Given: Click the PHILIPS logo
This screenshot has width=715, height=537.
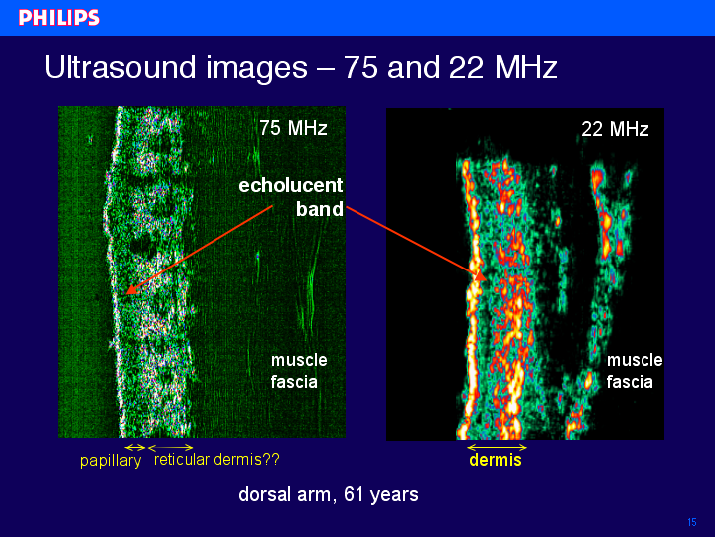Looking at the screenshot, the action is (x=60, y=18).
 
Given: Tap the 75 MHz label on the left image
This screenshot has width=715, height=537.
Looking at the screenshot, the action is (x=293, y=128).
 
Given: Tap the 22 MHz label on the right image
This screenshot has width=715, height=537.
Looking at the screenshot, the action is (x=615, y=129).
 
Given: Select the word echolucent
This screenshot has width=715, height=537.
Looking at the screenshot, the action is (x=290, y=185).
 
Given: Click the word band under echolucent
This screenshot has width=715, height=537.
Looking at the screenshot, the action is (x=319, y=209).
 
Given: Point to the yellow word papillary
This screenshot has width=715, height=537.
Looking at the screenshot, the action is (x=111, y=461).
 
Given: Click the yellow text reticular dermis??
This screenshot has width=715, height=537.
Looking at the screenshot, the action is (x=216, y=459).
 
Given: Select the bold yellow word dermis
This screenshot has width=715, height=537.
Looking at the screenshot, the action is (x=496, y=460).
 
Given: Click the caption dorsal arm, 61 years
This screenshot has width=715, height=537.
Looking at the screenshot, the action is (x=329, y=494).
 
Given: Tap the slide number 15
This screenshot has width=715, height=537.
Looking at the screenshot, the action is (x=692, y=522).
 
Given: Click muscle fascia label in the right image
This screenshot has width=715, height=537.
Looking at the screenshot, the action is (x=635, y=371).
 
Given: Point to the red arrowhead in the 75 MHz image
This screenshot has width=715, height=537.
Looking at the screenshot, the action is (x=131, y=289).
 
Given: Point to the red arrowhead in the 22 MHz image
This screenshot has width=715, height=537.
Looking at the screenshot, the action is (x=480, y=275).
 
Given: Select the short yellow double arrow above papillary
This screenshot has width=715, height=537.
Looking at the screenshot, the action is (x=135, y=447).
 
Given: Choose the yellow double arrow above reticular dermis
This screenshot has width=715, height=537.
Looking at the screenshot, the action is (x=171, y=447).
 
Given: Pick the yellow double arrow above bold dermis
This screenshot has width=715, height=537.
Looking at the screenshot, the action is (x=498, y=447).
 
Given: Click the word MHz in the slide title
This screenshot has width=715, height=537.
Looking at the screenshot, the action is (x=525, y=67).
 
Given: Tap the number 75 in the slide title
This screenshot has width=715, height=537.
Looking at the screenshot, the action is (x=360, y=67).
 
